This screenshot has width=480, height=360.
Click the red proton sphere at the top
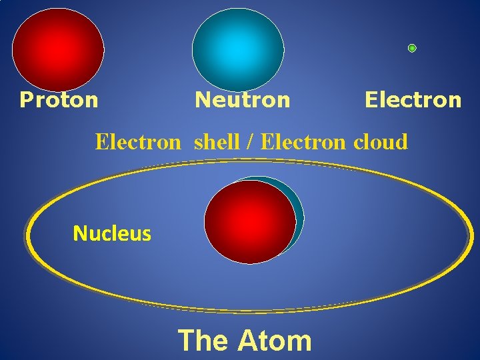58,49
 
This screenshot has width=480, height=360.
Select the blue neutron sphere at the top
238,49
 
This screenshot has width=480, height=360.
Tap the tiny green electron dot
412,48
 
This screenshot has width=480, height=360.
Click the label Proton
59,100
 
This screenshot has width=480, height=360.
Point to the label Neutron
242,100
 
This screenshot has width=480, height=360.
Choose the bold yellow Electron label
413,100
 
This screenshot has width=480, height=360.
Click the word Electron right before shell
137,141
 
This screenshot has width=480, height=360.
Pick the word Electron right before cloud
304,141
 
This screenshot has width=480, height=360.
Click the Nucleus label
112,233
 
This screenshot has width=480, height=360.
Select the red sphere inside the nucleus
249,222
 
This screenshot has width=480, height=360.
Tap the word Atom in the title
275,340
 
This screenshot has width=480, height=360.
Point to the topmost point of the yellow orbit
250,162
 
